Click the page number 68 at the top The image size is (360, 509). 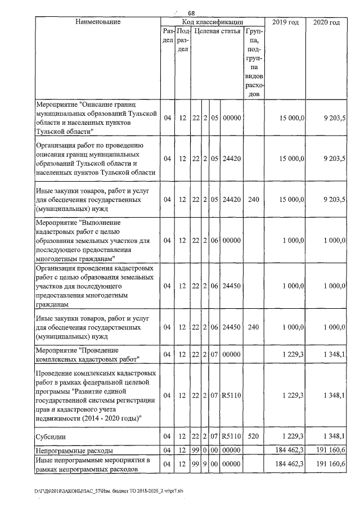click(191, 13)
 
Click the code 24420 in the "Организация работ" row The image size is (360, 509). click(232, 159)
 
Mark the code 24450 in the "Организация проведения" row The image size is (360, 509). click(232, 286)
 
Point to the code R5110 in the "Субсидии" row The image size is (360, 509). click(232, 435)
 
